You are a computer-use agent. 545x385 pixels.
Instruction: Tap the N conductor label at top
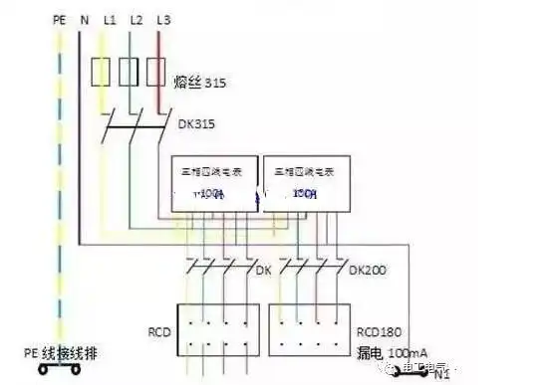click(83, 20)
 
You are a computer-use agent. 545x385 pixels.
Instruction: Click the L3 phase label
click(162, 20)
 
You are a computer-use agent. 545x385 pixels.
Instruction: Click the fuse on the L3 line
click(154, 74)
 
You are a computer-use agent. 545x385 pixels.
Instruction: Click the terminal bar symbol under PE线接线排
click(60, 372)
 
